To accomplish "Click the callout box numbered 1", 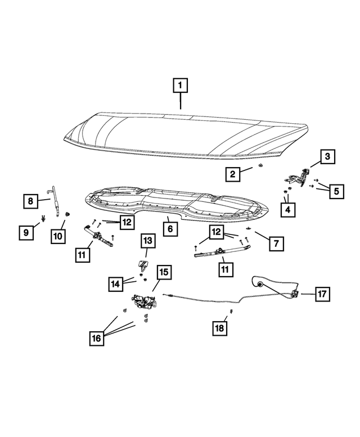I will (x=180, y=87).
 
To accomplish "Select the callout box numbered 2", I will (x=231, y=174).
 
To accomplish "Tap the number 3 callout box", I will (x=328, y=156).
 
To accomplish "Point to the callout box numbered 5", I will (x=336, y=191).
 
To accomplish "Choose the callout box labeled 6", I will (x=169, y=229).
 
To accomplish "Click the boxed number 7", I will (x=276, y=244).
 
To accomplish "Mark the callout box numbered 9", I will (x=25, y=231).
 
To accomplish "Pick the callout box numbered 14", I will (x=116, y=285).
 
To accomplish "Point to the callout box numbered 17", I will (x=322, y=294).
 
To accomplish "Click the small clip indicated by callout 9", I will (x=43, y=219).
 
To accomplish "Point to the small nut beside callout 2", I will (x=260, y=167).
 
